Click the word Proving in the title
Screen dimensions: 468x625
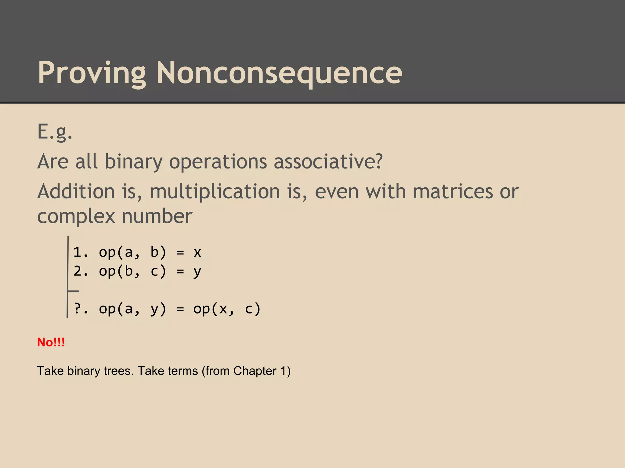(x=92, y=73)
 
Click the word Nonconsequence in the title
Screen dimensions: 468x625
(x=279, y=73)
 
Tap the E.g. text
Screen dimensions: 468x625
(x=55, y=132)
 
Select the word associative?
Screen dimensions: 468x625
(x=328, y=161)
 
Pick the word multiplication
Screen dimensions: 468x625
(x=215, y=192)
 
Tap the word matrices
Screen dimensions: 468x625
(x=453, y=192)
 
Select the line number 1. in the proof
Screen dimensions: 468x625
(x=81, y=252)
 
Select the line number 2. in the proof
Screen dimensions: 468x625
(x=81, y=271)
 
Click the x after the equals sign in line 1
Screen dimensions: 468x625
(x=197, y=253)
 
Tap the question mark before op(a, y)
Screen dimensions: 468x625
(x=77, y=309)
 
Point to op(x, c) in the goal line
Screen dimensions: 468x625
(x=227, y=309)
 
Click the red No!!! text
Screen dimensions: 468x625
(x=51, y=342)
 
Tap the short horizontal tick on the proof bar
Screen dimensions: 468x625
(x=74, y=291)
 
